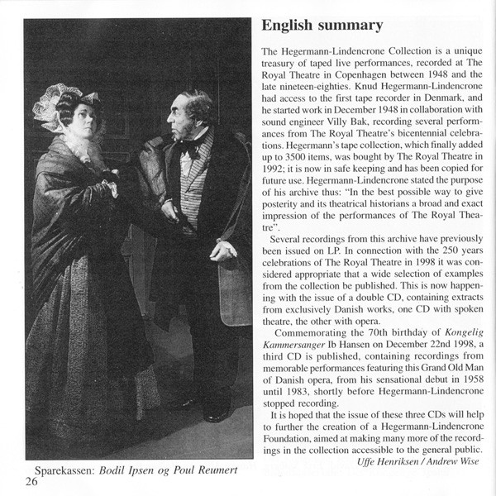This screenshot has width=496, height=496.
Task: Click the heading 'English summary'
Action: (322, 26)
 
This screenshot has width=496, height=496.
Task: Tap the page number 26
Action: (31, 481)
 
